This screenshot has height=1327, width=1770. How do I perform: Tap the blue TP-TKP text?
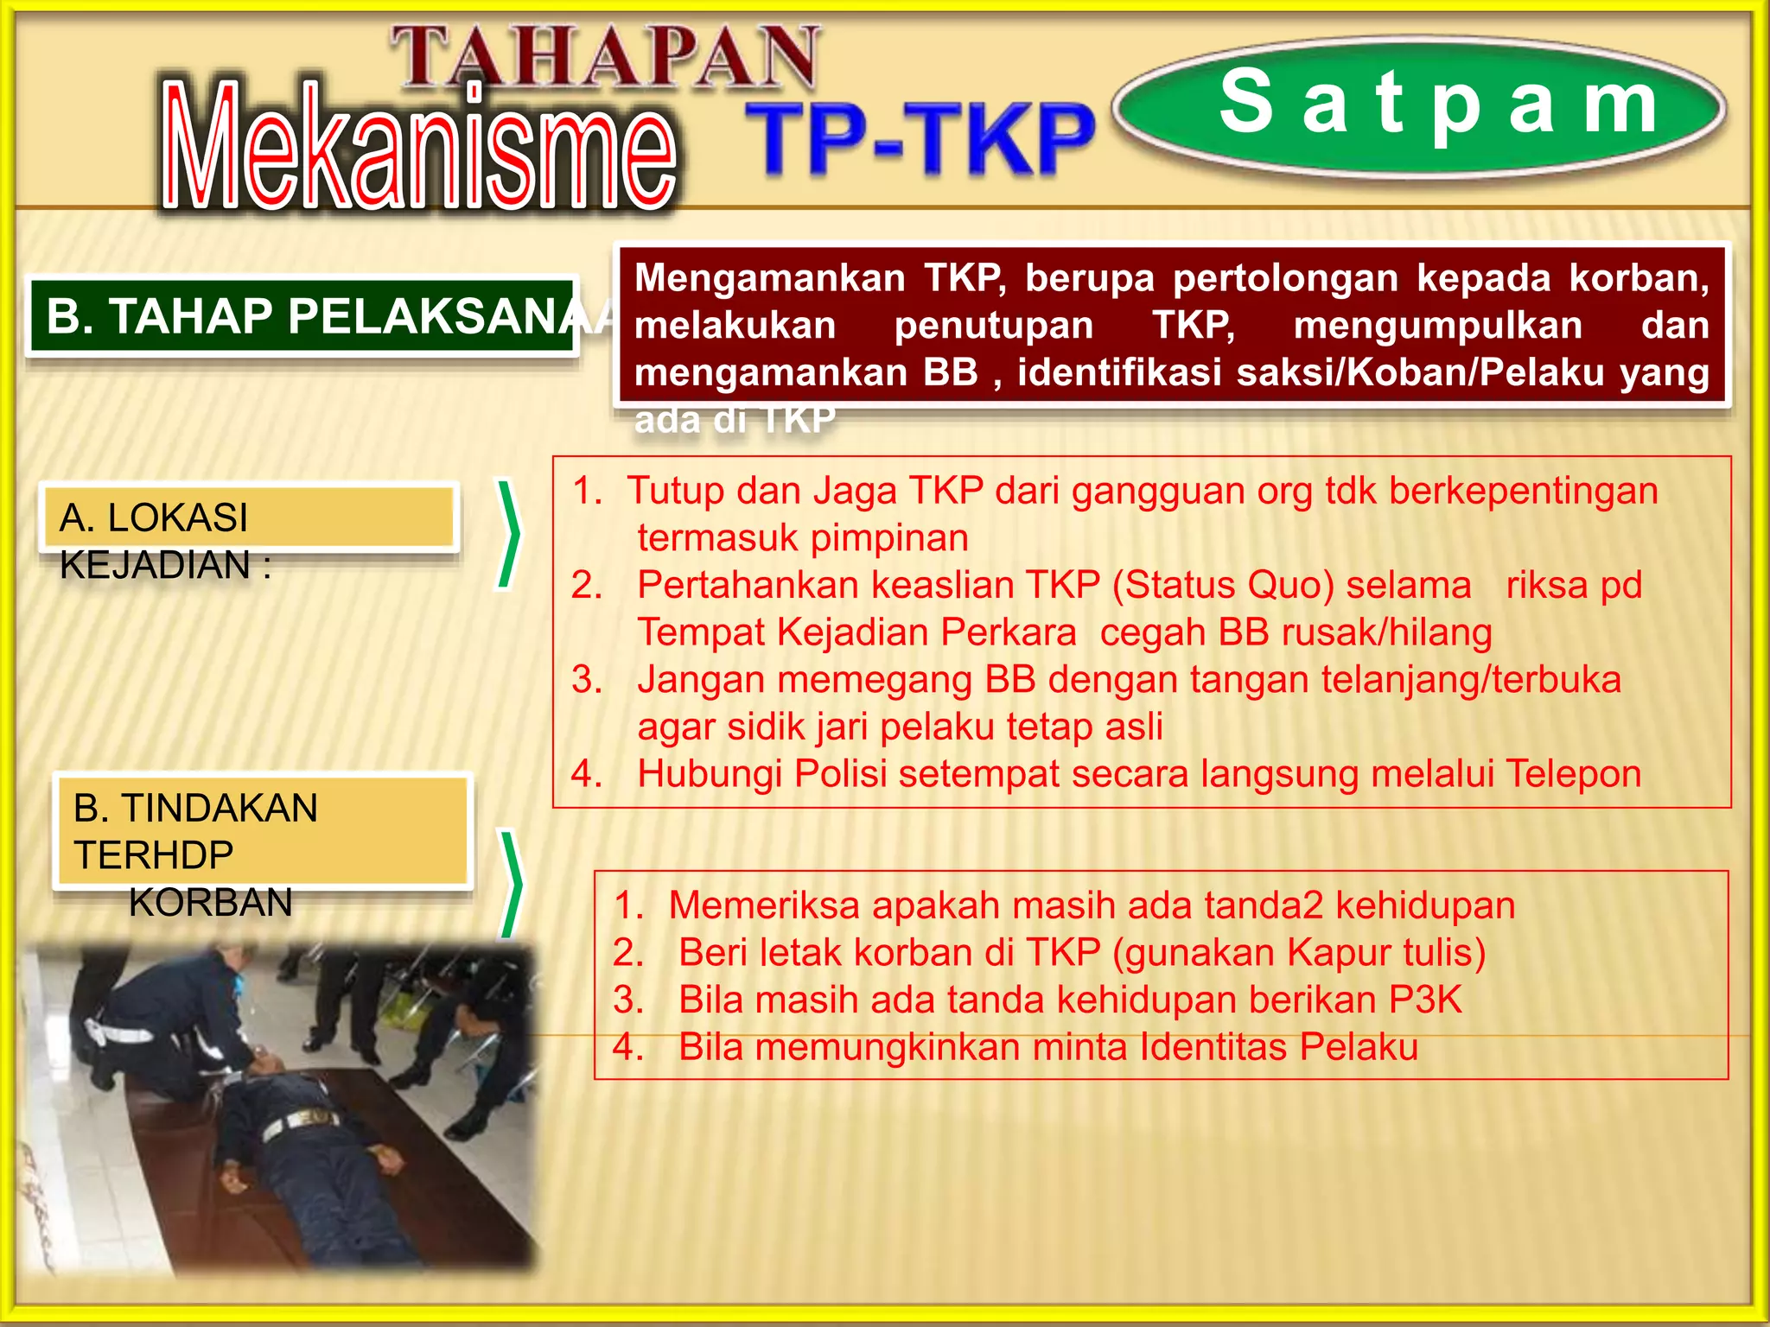[x=920, y=138]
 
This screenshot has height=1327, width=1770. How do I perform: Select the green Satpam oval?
[x=1419, y=108]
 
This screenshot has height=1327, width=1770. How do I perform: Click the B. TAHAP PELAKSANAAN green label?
[x=302, y=316]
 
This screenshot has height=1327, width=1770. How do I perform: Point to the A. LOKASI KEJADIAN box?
[x=248, y=518]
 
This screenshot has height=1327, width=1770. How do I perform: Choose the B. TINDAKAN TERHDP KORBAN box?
[x=262, y=831]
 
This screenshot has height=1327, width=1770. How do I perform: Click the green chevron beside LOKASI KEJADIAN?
[x=508, y=534]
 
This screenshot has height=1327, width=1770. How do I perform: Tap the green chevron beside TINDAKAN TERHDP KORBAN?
[x=512, y=885]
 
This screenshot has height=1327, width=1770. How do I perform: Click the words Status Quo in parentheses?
[x=1223, y=586]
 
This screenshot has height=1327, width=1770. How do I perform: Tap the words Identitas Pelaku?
[x=1279, y=1048]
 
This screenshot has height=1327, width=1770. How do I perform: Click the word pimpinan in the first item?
[x=889, y=538]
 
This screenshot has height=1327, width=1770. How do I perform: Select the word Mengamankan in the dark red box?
[x=769, y=278]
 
